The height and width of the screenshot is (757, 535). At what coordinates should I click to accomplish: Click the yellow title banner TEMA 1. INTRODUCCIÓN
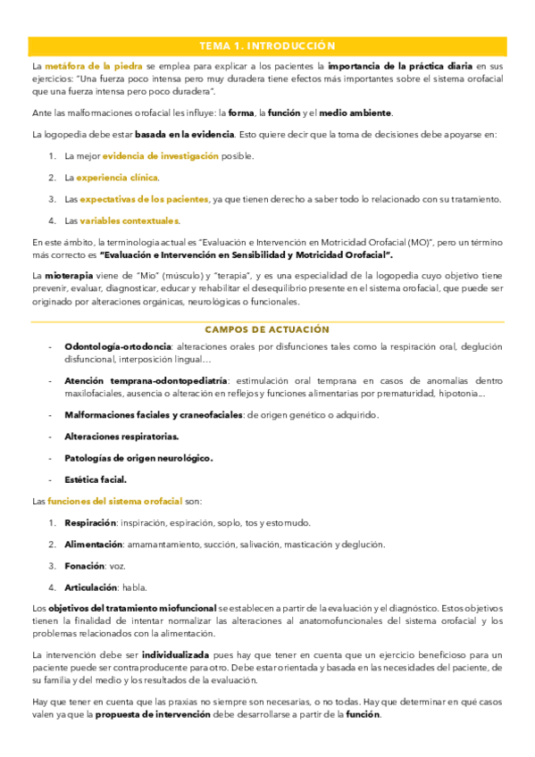[267, 46]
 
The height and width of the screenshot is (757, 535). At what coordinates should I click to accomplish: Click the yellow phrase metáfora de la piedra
[89, 66]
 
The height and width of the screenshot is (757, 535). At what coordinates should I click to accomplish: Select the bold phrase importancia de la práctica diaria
[400, 66]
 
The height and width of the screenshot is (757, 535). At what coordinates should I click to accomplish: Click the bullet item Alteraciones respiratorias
[121, 437]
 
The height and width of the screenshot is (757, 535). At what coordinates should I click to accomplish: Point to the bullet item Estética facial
[96, 479]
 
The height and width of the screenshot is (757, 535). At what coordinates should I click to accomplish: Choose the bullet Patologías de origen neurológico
[138, 458]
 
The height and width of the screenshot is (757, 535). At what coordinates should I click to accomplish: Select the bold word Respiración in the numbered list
[90, 522]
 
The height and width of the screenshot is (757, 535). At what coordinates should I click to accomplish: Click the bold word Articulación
[90, 587]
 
